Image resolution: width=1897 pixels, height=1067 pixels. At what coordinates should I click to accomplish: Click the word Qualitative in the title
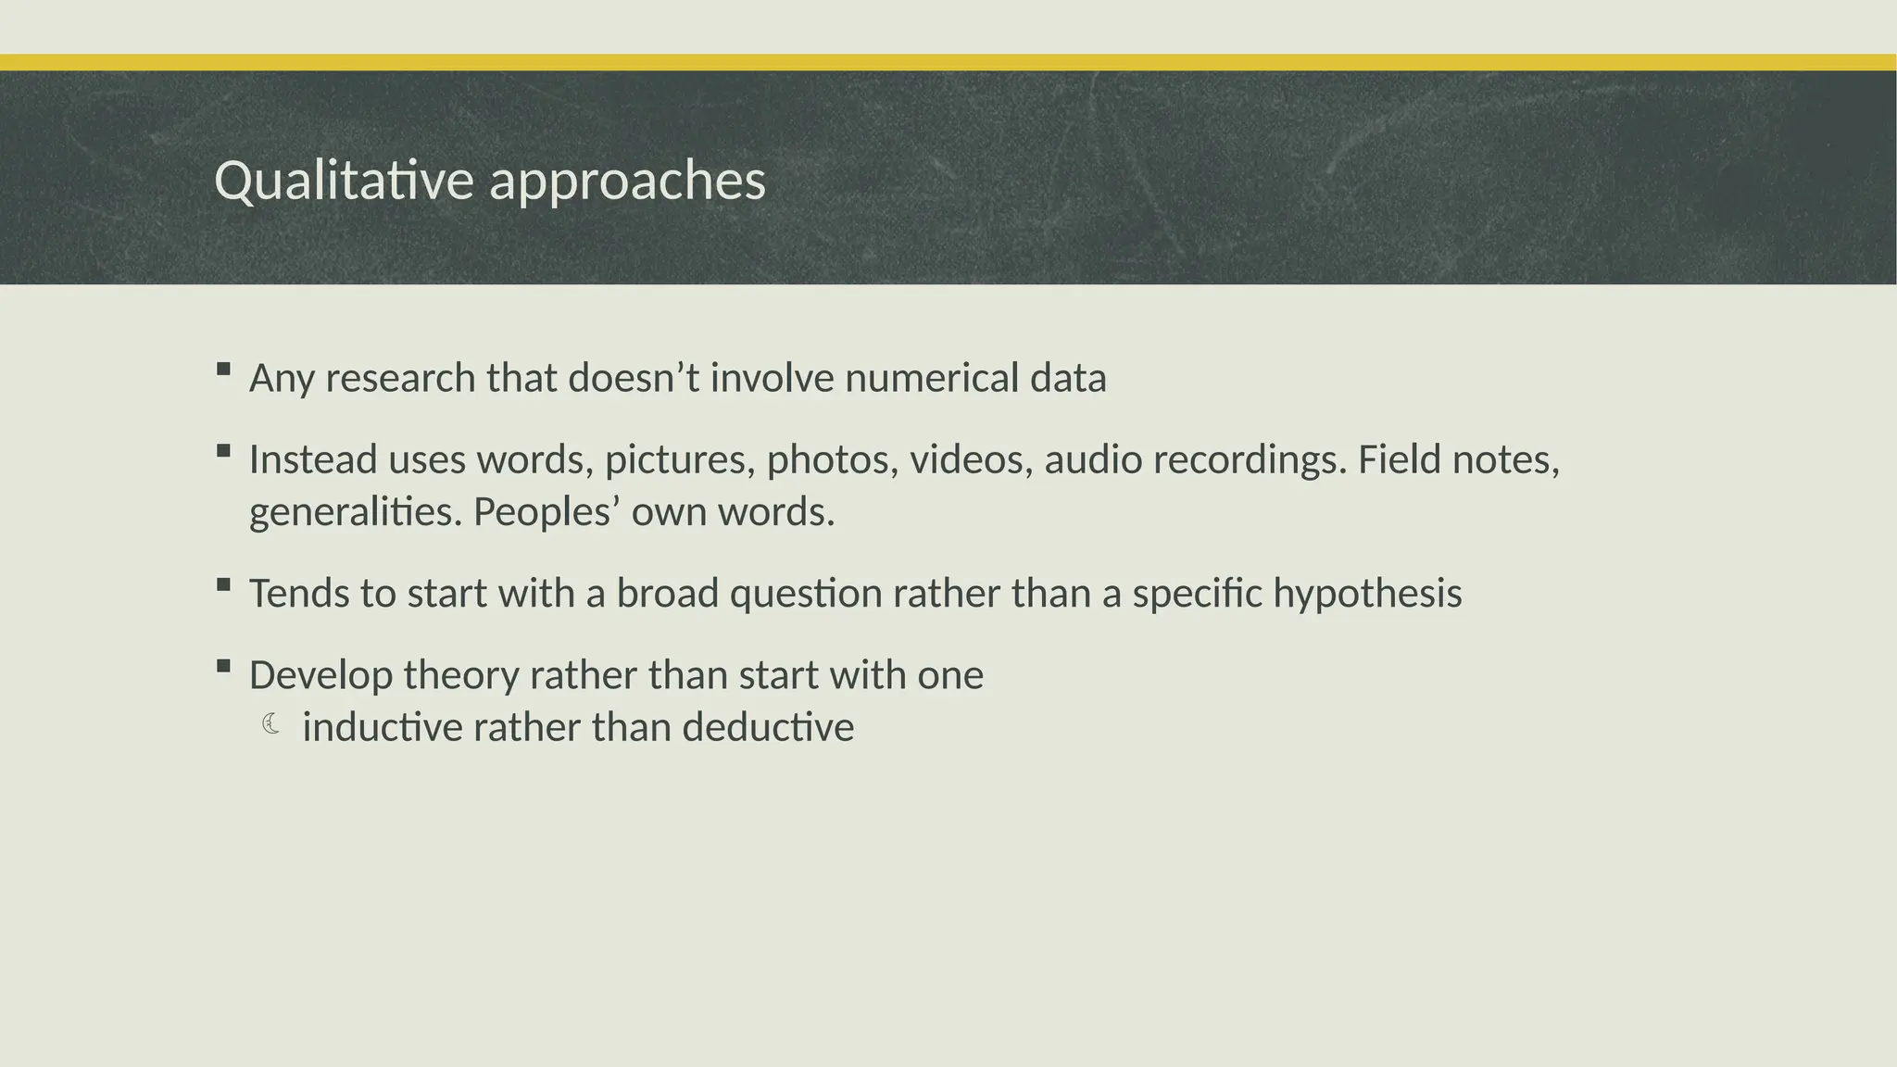click(x=345, y=181)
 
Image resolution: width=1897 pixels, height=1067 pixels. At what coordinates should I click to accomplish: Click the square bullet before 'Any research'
click(x=223, y=370)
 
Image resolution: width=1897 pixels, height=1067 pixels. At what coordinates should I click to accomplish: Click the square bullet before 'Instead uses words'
click(x=223, y=451)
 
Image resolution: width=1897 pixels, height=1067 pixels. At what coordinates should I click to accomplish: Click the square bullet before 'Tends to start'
click(x=223, y=584)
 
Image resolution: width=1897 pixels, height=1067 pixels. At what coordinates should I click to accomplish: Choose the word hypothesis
click(x=1367, y=594)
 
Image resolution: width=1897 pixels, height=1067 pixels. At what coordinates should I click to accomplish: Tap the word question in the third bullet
click(x=806, y=594)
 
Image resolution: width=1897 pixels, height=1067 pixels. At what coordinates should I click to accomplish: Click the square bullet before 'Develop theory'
click(x=223, y=666)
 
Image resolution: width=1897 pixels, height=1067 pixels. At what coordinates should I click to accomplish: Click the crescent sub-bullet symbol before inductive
click(x=270, y=723)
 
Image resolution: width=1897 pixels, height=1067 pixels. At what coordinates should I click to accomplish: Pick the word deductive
click(x=768, y=727)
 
